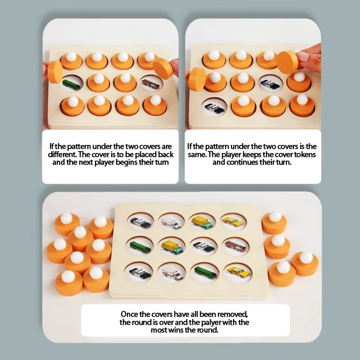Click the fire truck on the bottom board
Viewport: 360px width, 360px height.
click(x=235, y=246)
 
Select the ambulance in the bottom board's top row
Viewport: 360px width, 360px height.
click(x=171, y=222)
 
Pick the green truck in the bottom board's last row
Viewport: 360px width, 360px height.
click(x=205, y=272)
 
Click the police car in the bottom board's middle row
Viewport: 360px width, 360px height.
click(x=203, y=246)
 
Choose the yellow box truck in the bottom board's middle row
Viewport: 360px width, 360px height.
click(x=172, y=247)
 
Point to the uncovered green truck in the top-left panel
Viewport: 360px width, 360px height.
click(x=72, y=84)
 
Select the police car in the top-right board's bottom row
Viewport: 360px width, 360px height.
click(x=214, y=107)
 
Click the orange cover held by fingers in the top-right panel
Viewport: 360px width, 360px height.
click(x=288, y=62)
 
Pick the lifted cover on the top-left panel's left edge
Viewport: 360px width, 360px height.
click(x=55, y=72)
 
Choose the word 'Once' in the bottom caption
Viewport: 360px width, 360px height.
click(x=129, y=314)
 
